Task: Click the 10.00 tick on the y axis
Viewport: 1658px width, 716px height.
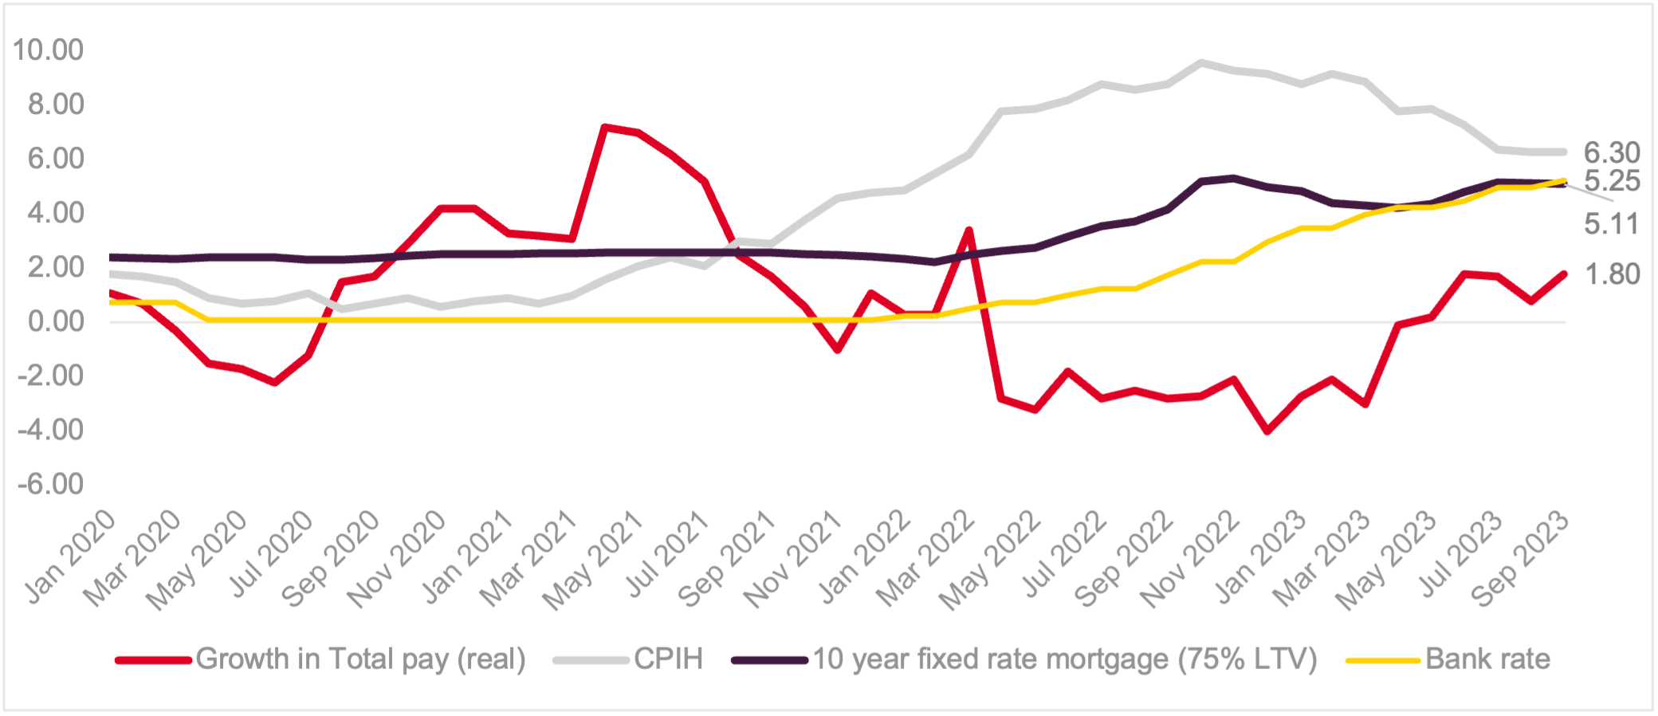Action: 48,50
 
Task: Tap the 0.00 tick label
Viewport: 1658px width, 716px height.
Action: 56,321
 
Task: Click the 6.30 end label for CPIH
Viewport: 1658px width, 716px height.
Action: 1612,152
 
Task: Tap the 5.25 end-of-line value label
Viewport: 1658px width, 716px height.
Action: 1612,181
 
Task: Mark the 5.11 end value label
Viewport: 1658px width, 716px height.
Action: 1612,224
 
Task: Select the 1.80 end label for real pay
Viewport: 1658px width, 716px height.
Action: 1612,274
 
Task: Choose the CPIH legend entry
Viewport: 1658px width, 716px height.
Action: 668,659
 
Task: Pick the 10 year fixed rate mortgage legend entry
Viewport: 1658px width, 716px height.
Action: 1064,659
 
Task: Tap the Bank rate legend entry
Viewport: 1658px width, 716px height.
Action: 1487,659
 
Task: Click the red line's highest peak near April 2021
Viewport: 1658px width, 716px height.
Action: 605,127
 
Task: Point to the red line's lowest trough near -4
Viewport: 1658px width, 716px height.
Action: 1267,431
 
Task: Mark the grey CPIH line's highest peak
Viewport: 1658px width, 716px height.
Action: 1201,62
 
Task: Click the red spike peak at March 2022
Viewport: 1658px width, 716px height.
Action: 968,230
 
